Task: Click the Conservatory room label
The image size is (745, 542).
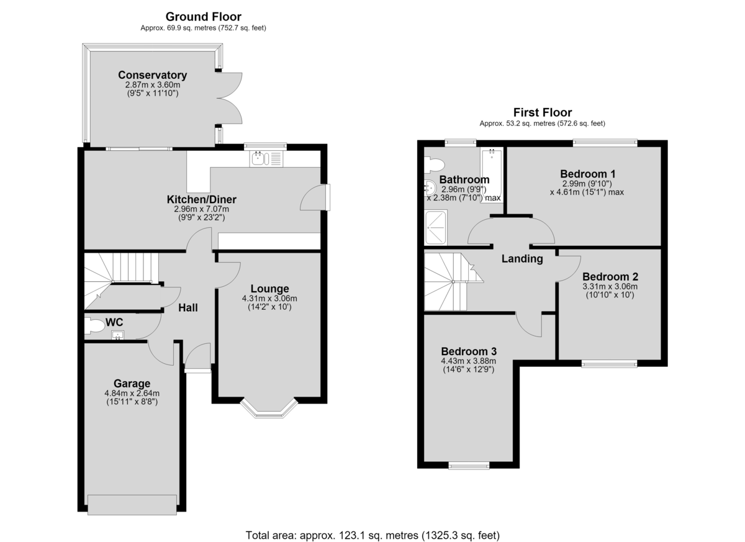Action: coord(152,75)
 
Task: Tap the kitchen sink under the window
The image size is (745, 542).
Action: coord(266,158)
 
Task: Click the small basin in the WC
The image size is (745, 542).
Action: coord(118,335)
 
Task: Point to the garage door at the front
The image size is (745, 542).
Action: coord(132,505)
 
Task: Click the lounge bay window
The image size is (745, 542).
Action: coord(269,408)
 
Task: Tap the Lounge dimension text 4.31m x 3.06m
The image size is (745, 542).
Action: coord(269,299)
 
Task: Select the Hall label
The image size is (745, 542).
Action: coord(188,308)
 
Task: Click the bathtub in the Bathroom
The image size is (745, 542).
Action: coord(492,176)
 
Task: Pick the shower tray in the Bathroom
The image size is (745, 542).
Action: coord(436,227)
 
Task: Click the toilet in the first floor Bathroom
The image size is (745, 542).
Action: coord(435,165)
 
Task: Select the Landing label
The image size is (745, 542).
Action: coord(522,259)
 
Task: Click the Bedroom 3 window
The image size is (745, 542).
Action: coord(469,466)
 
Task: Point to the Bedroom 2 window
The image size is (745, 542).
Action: coord(610,364)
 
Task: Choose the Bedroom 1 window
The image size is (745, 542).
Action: coord(605,143)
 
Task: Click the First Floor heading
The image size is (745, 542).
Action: coord(543,112)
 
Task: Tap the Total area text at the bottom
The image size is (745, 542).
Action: coord(372,535)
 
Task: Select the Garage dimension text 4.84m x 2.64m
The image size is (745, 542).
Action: coord(132,394)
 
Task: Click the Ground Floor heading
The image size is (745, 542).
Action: coord(203,17)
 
